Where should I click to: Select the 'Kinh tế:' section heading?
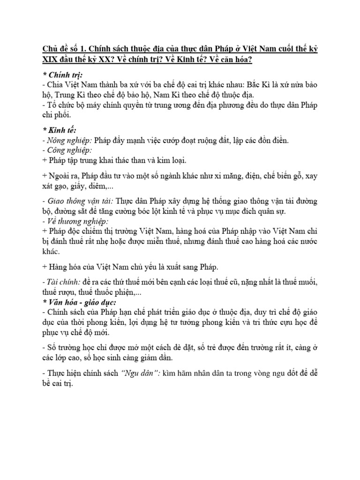pyautogui.click(x=60, y=130)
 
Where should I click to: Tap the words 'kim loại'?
pyautogui.click(x=172, y=160)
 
